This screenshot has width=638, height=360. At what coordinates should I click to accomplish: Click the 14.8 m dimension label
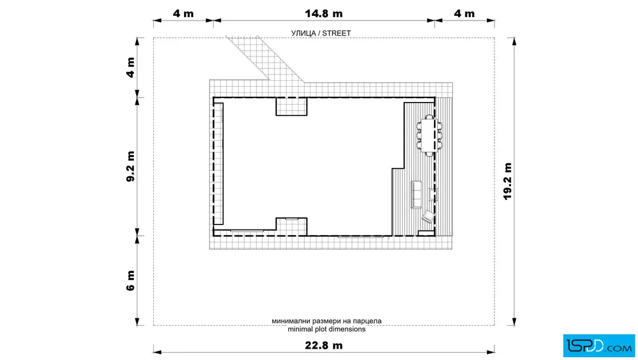point(324,14)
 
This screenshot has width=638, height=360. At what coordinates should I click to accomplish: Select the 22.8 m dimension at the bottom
point(324,345)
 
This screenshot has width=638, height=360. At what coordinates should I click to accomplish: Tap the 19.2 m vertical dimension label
point(508,181)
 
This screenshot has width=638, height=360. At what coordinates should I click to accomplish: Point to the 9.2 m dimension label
point(130,166)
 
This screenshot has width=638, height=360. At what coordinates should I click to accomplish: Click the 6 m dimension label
point(130,281)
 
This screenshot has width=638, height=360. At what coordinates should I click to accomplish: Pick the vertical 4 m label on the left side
point(130,68)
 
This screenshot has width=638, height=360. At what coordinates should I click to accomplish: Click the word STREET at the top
point(337,34)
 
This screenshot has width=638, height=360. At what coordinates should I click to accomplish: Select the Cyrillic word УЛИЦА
point(303,34)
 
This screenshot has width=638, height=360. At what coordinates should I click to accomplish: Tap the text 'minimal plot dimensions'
point(326,329)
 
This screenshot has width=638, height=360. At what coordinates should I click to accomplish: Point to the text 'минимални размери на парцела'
point(326,321)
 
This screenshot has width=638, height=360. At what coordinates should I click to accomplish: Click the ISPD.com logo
point(599,346)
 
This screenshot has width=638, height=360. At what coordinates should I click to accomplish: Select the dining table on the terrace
point(429,135)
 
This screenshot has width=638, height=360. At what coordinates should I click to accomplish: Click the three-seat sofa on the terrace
point(416,194)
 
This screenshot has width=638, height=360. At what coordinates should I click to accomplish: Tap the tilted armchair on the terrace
point(428,216)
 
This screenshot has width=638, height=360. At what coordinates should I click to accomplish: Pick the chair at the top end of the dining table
point(429,117)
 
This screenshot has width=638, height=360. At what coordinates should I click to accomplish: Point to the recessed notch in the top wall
point(291,107)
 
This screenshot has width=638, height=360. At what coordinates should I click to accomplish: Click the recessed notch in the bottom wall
point(291,227)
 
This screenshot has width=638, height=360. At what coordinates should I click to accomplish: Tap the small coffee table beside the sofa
point(433,194)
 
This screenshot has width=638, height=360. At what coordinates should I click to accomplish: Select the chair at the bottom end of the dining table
point(429,154)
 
